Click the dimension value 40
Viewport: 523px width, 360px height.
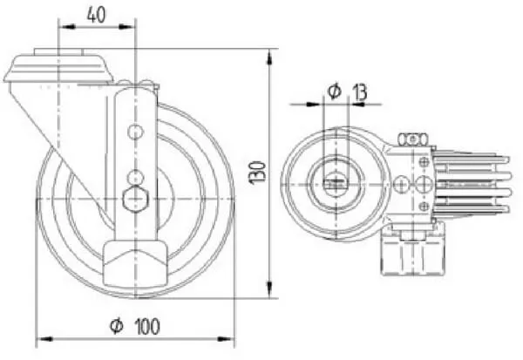96,15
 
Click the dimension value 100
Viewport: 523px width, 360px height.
148,326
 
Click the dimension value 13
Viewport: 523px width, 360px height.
360,92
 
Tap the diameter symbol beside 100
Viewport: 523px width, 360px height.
117,326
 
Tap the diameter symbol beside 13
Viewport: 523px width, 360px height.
335,91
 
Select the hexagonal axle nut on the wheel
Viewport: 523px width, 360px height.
135,200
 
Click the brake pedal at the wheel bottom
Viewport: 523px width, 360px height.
135,262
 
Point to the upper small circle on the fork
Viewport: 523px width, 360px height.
135,132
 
